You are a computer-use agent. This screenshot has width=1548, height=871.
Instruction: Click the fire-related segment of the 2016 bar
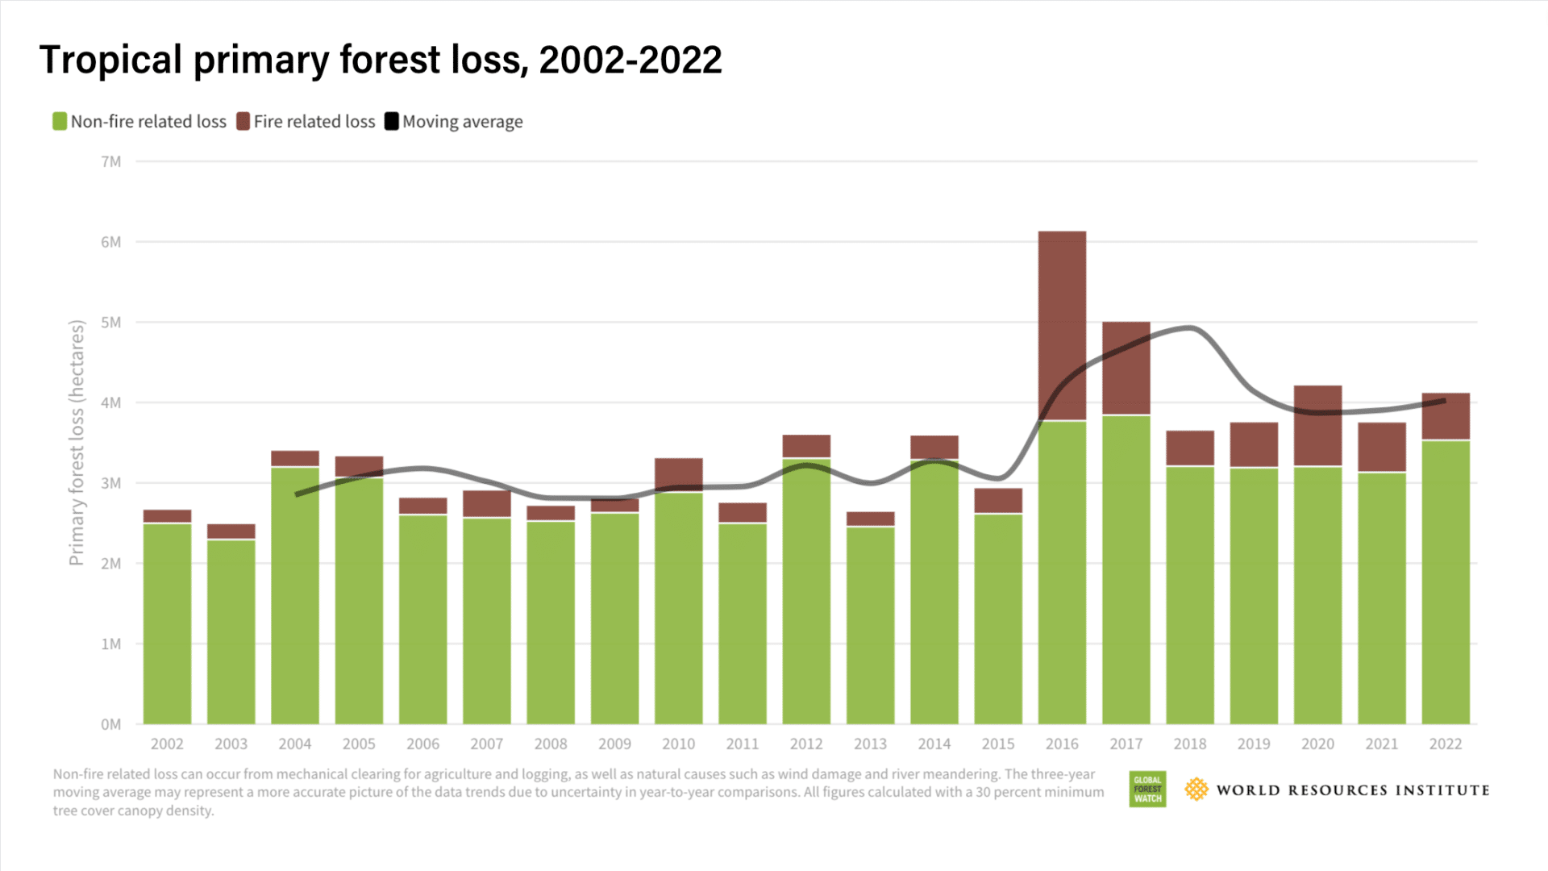point(1062,325)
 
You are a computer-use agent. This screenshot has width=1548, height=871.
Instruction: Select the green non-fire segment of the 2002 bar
point(167,623)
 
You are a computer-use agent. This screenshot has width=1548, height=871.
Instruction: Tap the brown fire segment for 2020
point(1317,425)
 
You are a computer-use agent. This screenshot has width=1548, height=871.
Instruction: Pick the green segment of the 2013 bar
point(870,625)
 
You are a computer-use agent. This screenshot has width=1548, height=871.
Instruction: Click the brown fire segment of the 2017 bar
point(1126,368)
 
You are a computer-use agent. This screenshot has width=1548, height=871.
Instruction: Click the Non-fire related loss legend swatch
point(60,122)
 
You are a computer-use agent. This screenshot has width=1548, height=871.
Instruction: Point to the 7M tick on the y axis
point(111,162)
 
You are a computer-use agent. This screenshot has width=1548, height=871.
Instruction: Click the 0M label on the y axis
point(111,724)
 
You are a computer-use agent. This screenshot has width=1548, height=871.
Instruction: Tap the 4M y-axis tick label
point(111,402)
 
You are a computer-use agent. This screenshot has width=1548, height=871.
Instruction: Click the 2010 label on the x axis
point(678,744)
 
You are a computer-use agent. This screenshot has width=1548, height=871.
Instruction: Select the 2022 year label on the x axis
point(1445,744)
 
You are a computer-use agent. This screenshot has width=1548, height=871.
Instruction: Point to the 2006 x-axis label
point(422,744)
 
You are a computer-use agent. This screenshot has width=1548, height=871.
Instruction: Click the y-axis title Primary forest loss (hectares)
point(77,443)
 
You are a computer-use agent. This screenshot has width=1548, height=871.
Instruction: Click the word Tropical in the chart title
point(110,60)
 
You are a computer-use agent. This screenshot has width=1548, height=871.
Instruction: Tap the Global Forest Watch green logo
point(1147,790)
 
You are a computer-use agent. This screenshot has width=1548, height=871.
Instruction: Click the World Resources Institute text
point(1352,790)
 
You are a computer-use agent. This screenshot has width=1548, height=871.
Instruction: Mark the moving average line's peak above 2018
point(1191,327)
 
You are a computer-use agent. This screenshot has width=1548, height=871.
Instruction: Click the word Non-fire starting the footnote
point(77,774)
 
